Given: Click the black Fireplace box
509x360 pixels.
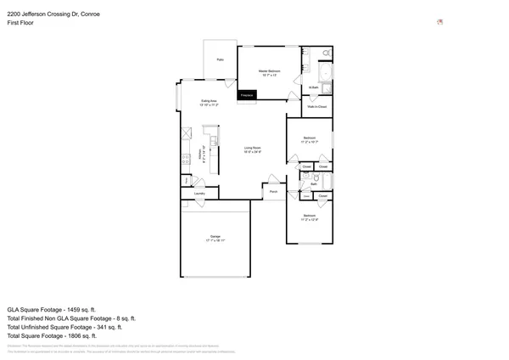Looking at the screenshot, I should [x=247, y=96].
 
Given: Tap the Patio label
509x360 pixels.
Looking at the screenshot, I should [x=220, y=59].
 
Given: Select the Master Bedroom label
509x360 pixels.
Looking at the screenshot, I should [x=270, y=71].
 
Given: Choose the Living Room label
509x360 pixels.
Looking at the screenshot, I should [x=252, y=149].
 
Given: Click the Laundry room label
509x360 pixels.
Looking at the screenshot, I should [x=199, y=194].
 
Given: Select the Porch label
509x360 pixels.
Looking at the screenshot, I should [x=275, y=193].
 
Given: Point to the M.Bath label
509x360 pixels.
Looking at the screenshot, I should [x=313, y=87].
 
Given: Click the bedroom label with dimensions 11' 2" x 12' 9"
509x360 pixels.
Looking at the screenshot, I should [x=309, y=217].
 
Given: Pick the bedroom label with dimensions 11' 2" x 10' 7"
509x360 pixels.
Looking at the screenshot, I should [x=309, y=139].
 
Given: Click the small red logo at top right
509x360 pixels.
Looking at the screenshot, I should [x=439, y=22].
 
